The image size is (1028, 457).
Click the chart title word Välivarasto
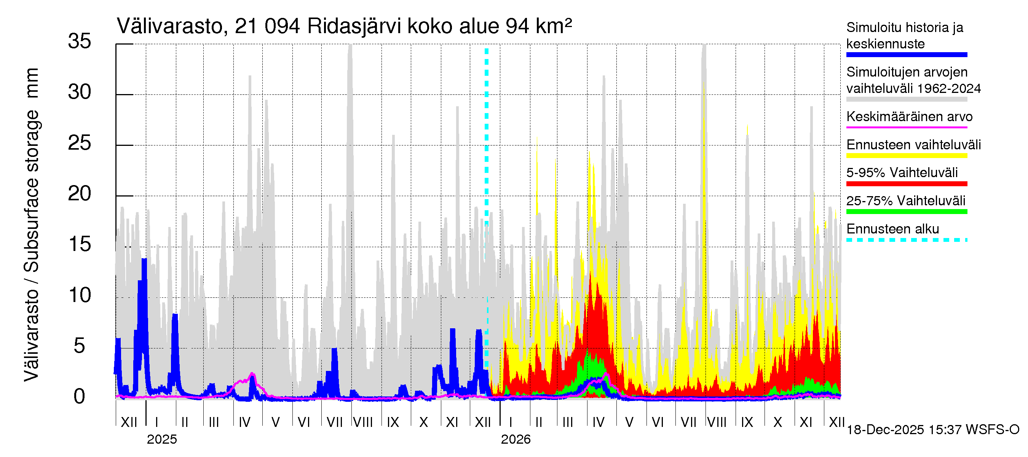[169, 26]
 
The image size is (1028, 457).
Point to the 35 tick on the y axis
[80, 42]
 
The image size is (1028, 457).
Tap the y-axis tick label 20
[80, 194]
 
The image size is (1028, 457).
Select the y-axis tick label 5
[80, 346]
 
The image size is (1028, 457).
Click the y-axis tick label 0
[80, 397]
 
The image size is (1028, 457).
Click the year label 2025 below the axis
[161, 439]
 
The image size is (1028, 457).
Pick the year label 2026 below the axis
[516, 439]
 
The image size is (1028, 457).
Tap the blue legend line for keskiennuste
[906, 55]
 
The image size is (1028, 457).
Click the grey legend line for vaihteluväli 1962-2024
[906, 99]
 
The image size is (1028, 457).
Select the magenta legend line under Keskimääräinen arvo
[906, 127]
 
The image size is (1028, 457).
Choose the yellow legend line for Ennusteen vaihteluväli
[906, 156]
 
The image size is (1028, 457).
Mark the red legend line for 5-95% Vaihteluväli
[906, 184]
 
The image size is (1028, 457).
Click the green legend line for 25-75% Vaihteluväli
[906, 211]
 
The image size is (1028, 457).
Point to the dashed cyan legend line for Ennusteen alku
[906, 240]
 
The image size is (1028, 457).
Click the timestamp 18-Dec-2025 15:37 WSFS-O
[932, 430]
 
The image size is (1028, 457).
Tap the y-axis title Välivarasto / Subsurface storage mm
[31, 224]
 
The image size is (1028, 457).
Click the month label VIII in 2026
[717, 422]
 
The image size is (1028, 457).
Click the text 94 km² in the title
[538, 26]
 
